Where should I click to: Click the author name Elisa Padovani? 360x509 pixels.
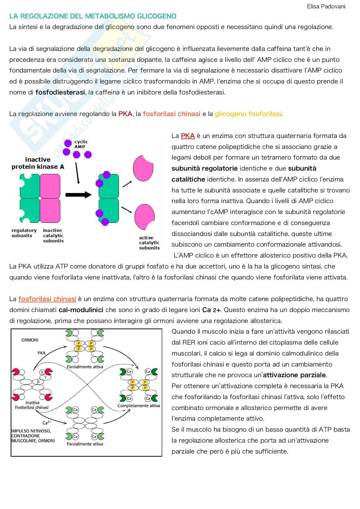326,6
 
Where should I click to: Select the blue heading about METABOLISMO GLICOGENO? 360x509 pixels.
93,16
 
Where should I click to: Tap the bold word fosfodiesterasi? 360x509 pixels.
60,93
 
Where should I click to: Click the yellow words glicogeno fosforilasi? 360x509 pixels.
248,114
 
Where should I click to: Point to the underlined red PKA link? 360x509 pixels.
188,136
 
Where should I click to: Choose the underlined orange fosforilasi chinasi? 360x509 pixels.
47,299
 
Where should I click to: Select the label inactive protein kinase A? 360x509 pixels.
38,163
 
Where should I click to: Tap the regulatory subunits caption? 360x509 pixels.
24,233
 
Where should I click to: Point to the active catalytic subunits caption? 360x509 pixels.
149,243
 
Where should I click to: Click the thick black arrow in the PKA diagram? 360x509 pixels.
78,195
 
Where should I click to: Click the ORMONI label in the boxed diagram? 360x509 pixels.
30,340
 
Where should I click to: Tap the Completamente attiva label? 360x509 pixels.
139,406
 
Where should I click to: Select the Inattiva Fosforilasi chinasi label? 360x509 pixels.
32,405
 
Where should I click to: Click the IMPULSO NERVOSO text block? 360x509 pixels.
33,436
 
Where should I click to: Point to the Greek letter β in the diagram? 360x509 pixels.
38,382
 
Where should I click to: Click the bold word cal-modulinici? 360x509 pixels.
81,310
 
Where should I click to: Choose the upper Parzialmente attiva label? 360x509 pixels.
85,367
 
